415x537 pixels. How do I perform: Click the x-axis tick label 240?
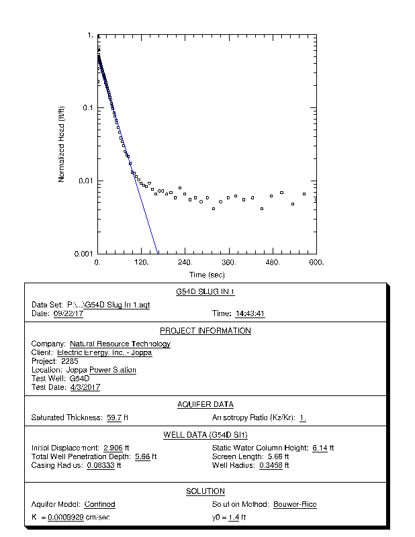pos(185,262)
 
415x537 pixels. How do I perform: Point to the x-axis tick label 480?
pos(273,262)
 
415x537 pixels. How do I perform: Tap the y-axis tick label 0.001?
pos(84,254)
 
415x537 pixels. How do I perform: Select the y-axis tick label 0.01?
pos(86,181)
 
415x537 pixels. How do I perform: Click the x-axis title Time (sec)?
pos(207,275)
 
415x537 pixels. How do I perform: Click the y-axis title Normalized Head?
pos(61,144)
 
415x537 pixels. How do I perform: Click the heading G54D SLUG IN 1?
pos(205,292)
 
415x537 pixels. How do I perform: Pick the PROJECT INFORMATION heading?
pos(205,331)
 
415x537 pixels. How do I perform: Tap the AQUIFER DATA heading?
pos(205,404)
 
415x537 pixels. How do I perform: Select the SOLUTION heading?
pos(205,491)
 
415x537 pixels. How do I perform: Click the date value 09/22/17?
pos(68,313)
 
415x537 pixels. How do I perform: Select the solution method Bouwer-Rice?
pos(295,504)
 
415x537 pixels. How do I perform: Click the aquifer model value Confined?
pos(100,504)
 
